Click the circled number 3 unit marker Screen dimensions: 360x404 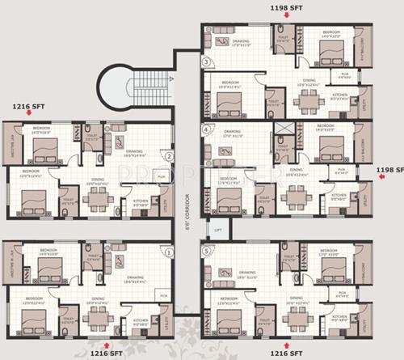tap(207, 61)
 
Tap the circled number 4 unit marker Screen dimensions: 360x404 tap(207, 129)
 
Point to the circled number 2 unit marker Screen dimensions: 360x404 tap(169, 156)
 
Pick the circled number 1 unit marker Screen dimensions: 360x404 tap(168, 252)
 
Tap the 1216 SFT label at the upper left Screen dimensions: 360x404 tap(30, 105)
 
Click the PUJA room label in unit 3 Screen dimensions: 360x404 tap(344, 75)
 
